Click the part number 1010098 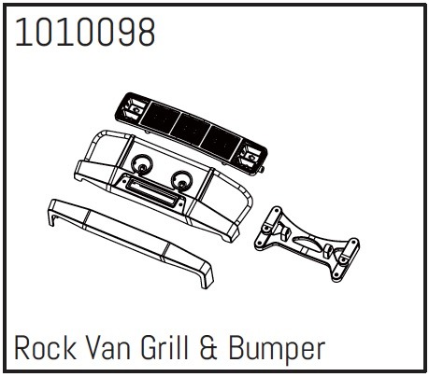pos(85,33)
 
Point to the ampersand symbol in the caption pos(208,348)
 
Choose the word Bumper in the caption pos(277,350)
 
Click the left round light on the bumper pos(142,164)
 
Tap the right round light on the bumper pos(181,180)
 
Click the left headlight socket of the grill pos(134,109)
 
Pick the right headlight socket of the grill pos(250,156)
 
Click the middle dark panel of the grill pos(190,130)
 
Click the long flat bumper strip pos(131,242)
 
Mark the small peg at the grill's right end pos(262,170)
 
